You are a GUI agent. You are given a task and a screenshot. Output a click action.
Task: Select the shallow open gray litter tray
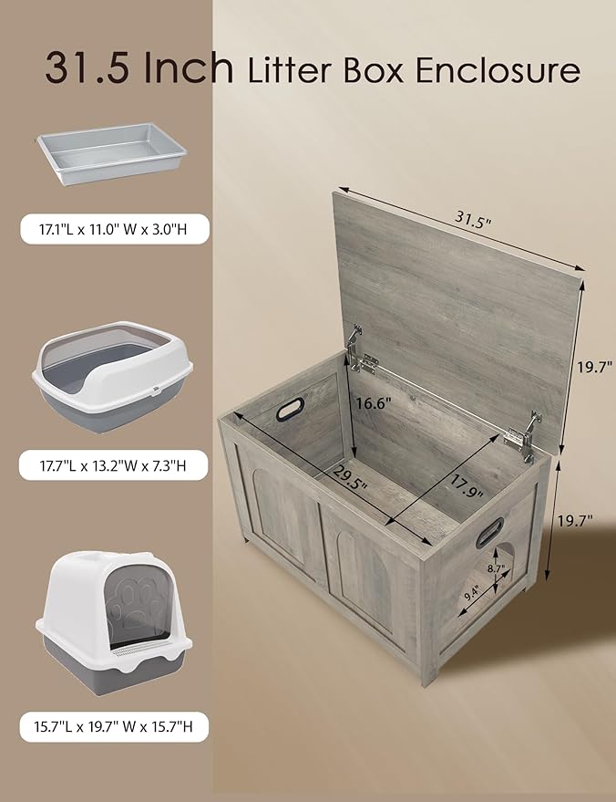(x=110, y=155)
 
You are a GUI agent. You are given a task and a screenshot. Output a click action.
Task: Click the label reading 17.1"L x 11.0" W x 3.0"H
(x=114, y=227)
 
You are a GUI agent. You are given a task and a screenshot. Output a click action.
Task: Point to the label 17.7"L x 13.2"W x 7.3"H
(x=114, y=465)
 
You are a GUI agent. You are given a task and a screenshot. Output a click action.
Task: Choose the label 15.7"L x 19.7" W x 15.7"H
(x=114, y=727)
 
